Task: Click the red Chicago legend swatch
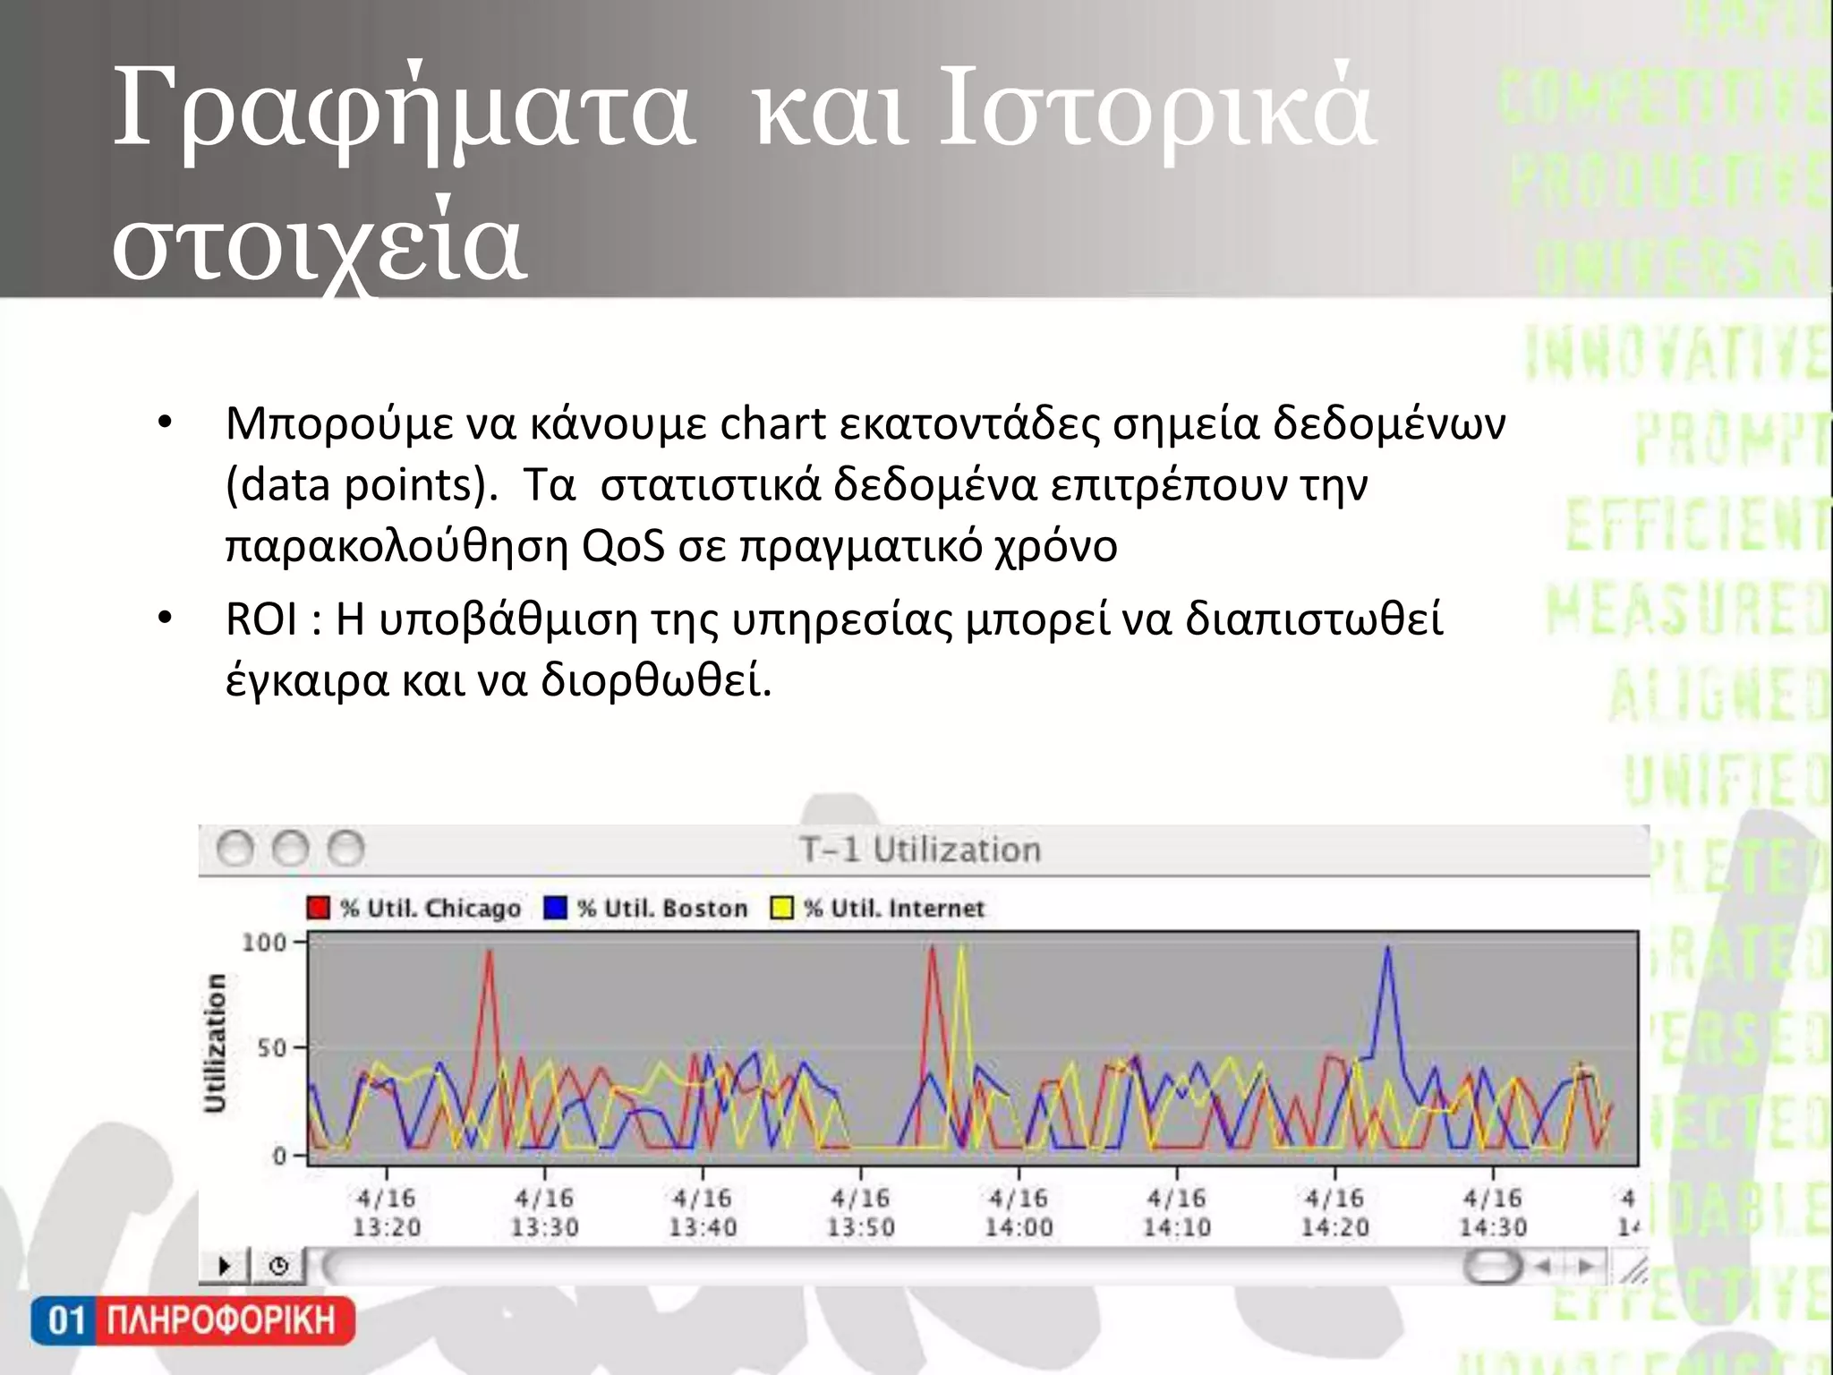(318, 908)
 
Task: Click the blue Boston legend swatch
(556, 908)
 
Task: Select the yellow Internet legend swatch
(781, 908)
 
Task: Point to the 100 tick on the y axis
(264, 943)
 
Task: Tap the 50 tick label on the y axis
(271, 1048)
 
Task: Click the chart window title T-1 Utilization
(920, 850)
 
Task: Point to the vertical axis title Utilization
(215, 1044)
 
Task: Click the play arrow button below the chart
(224, 1266)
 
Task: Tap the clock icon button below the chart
(278, 1266)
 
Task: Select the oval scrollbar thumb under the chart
(1492, 1266)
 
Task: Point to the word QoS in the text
(623, 545)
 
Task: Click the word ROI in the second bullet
(261, 619)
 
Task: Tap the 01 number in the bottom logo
(65, 1320)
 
